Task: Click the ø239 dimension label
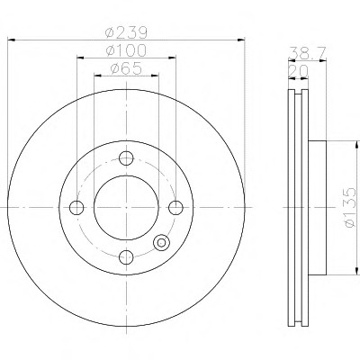[126, 32]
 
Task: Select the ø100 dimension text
[126, 50]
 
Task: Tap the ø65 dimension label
[126, 69]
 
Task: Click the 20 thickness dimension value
[298, 71]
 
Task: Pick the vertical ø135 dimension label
[350, 208]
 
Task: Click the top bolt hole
[126, 157]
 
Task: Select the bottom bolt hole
[126, 256]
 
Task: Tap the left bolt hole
[76, 208]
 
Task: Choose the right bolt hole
[175, 208]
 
